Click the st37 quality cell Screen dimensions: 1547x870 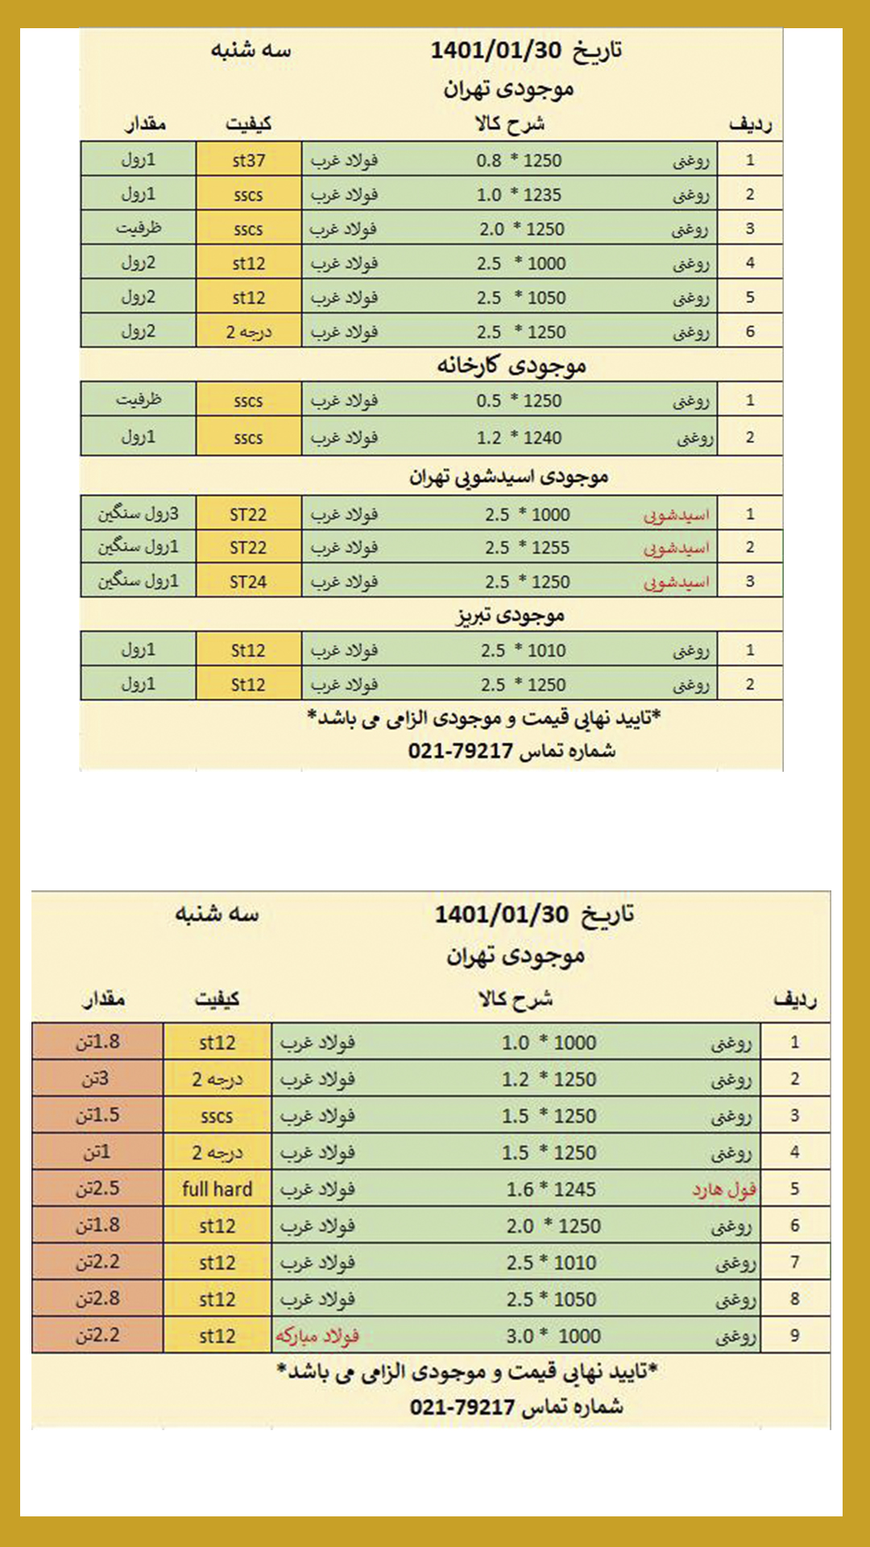(248, 160)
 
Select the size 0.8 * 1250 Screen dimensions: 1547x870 (519, 160)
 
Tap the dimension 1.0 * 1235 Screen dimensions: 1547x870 (519, 195)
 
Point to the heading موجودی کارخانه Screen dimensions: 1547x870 (512, 366)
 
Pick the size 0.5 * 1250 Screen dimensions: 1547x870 (519, 400)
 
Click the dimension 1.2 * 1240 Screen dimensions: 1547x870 (519, 438)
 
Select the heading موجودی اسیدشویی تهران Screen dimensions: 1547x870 (508, 477)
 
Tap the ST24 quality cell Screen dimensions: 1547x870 (248, 582)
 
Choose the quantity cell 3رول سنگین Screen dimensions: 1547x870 (139, 514)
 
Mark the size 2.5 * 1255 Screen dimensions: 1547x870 (527, 548)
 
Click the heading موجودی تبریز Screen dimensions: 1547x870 (510, 616)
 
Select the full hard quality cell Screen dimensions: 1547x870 (217, 1189)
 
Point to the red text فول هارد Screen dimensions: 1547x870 (724, 1189)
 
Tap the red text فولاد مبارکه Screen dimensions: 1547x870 (317, 1337)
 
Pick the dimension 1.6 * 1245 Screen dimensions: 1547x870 (551, 1189)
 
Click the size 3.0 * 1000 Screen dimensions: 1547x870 (553, 1337)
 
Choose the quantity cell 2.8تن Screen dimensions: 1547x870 (97, 1299)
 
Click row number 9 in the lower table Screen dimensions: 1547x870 (794, 1336)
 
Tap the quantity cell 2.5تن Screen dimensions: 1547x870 (97, 1189)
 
